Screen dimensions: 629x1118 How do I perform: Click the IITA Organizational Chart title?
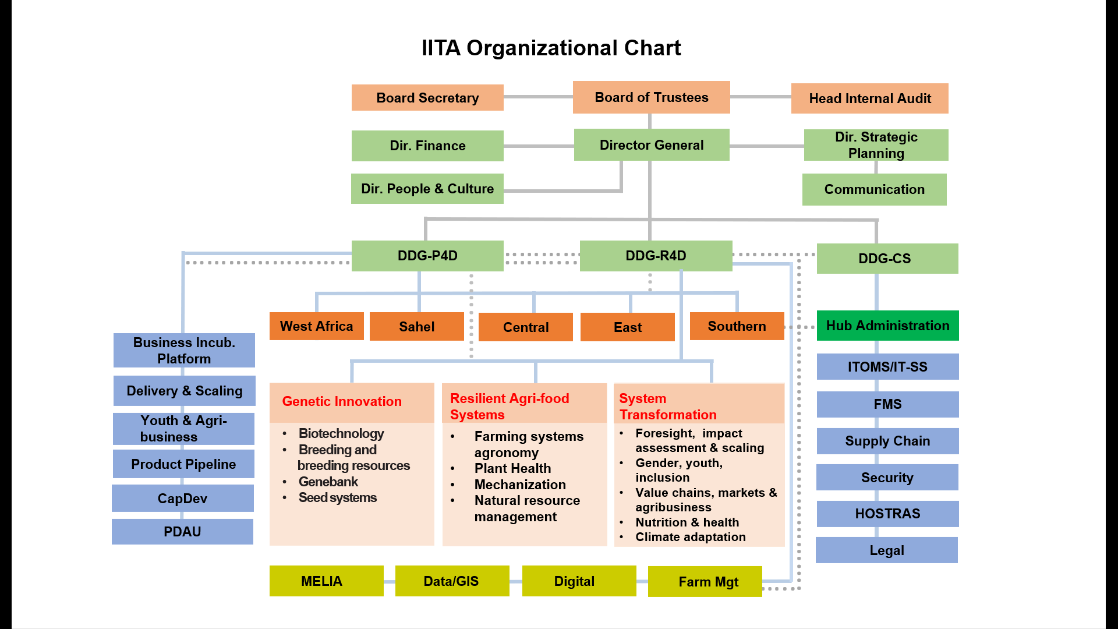click(x=551, y=48)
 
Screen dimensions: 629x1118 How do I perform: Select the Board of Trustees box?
click(x=651, y=97)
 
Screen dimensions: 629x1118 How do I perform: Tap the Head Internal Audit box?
click(x=869, y=98)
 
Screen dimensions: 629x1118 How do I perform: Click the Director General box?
click(x=651, y=145)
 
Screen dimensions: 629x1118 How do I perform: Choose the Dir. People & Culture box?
click(x=427, y=189)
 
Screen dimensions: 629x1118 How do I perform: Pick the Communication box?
click(x=874, y=189)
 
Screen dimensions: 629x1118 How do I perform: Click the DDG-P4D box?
click(x=427, y=256)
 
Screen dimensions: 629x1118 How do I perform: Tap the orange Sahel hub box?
click(x=416, y=327)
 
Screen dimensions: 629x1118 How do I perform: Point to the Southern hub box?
click(x=737, y=326)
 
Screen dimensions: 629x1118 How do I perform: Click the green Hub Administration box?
click(x=887, y=326)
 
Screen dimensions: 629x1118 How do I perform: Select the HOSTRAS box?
click(x=887, y=514)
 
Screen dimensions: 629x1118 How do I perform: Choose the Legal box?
click(x=886, y=550)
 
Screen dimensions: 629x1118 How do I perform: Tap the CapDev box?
click(x=182, y=499)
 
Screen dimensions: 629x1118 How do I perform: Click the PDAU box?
click(x=182, y=532)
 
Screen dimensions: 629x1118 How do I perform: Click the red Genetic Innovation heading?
click(x=342, y=401)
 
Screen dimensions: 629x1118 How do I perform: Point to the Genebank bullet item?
click(x=328, y=482)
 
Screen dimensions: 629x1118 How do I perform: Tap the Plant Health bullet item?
click(x=512, y=468)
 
